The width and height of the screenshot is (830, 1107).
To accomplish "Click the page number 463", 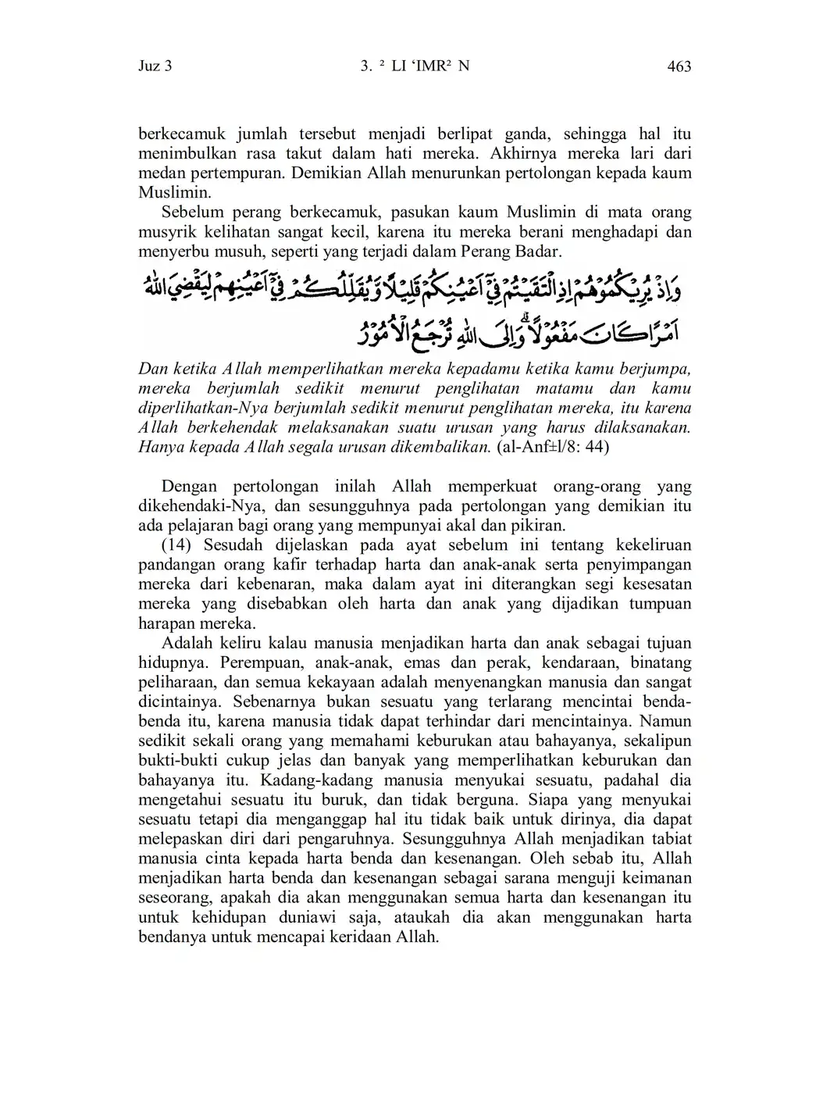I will coord(679,66).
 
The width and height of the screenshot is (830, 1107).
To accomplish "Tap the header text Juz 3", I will coord(155,66).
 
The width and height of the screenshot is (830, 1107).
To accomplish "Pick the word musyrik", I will coord(162,232).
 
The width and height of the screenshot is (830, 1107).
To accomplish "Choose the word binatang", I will coord(662,662).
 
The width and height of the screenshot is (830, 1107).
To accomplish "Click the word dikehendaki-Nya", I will coord(202,506).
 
